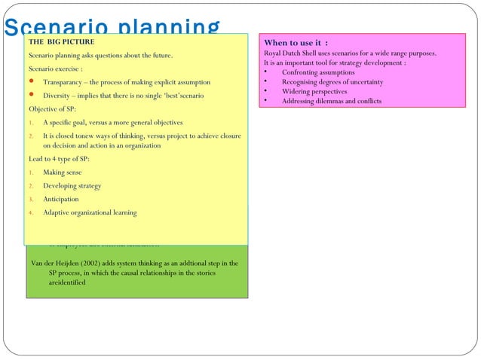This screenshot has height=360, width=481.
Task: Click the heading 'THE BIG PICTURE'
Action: click(x=62, y=42)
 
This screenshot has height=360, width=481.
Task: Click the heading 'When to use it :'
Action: click(x=296, y=43)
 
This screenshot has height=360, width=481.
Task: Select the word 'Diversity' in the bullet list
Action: click(x=59, y=96)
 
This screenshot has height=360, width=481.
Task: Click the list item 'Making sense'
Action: click(x=63, y=172)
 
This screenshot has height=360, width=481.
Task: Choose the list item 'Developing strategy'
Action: click(x=72, y=186)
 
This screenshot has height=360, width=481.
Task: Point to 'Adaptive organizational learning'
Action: click(x=90, y=212)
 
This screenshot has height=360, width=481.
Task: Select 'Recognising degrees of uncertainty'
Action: click(x=332, y=81)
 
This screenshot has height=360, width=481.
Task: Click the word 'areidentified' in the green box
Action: click(x=67, y=282)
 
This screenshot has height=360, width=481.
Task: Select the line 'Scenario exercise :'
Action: click(x=55, y=69)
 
